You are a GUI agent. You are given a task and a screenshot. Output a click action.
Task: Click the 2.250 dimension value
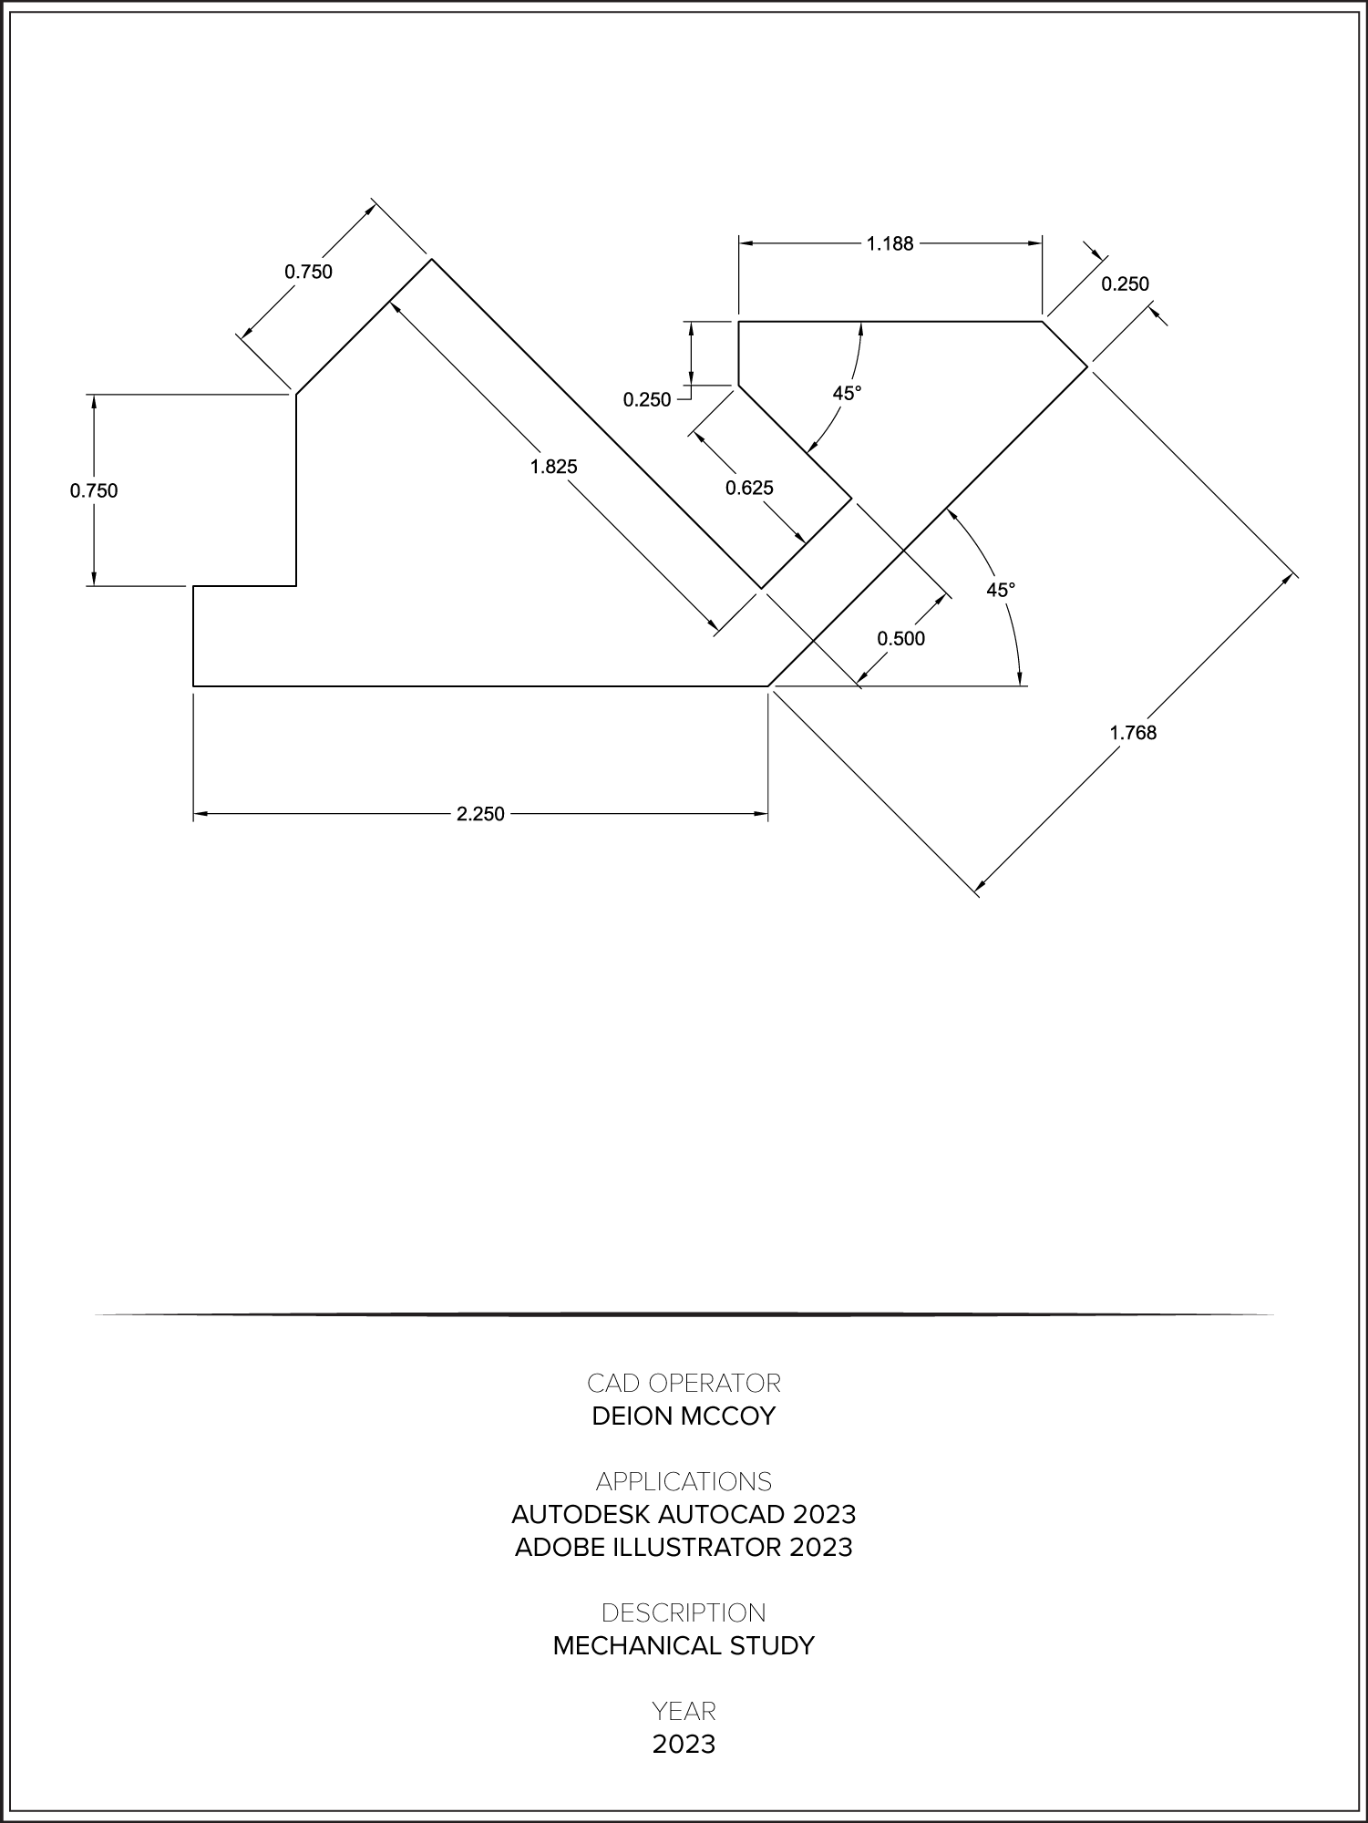click(x=480, y=814)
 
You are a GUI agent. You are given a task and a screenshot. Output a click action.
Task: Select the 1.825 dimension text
click(x=554, y=467)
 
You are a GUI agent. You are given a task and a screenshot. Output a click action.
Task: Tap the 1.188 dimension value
click(x=890, y=243)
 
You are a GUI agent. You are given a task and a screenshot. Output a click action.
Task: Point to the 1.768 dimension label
click(x=1133, y=732)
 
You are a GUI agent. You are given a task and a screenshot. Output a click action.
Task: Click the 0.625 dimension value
click(x=749, y=488)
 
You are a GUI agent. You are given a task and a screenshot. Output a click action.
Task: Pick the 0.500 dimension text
click(x=900, y=638)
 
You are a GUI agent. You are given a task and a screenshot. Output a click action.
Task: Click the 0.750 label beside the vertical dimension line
click(x=94, y=490)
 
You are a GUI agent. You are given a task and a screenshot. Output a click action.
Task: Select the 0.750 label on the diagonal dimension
click(x=309, y=272)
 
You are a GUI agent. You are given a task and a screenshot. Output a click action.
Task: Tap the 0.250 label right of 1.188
click(x=1126, y=283)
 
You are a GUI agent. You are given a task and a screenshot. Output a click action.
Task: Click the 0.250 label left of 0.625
click(x=647, y=399)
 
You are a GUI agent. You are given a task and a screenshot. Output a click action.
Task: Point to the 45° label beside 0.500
click(x=1001, y=590)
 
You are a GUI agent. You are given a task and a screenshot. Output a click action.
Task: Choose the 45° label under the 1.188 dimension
click(x=847, y=393)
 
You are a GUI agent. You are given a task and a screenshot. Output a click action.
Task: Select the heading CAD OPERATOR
click(x=684, y=1384)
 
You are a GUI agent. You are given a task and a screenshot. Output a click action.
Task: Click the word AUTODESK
click(x=580, y=1515)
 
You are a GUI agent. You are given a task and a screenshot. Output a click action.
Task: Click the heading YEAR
click(x=684, y=1711)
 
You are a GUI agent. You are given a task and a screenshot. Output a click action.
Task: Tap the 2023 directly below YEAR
click(x=684, y=1745)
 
